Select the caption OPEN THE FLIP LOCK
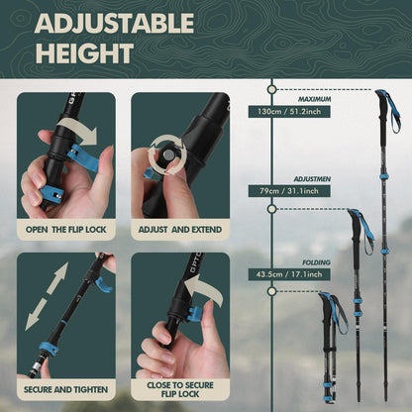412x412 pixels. pyautogui.click(x=66, y=229)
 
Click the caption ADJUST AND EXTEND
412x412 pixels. pyautogui.click(x=180, y=229)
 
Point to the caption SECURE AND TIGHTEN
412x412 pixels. pyautogui.click(x=66, y=389)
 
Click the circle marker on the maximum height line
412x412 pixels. pyautogui.click(x=271, y=89)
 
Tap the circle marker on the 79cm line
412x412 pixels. pyautogui.click(x=271, y=209)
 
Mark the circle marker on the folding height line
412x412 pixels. pyautogui.click(x=271, y=291)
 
